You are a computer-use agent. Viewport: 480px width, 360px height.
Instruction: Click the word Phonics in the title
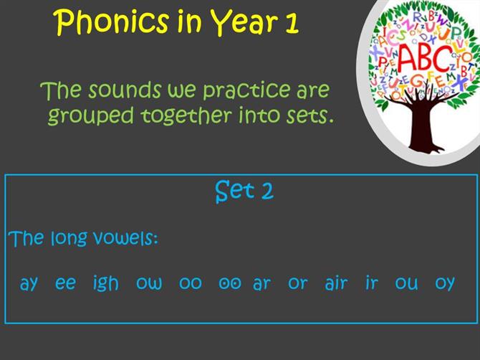point(112,23)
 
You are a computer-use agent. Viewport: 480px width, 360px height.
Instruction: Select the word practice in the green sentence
point(246,91)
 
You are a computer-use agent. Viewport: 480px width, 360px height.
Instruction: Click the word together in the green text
point(186,116)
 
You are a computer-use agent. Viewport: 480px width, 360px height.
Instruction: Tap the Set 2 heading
point(244,191)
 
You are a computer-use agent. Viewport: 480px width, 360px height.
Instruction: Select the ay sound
point(29,284)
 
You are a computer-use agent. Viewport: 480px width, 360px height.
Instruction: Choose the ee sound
point(65,283)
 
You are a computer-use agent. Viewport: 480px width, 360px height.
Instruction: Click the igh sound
point(105,283)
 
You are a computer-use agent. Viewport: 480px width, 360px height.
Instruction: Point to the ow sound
point(149,283)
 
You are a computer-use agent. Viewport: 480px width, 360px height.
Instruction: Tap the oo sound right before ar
point(230,283)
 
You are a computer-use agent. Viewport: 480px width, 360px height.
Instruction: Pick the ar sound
point(261,283)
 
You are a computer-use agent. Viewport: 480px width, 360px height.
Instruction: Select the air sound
point(336,283)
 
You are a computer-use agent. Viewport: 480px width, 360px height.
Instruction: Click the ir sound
point(372,283)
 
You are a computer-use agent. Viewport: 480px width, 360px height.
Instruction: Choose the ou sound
point(406,283)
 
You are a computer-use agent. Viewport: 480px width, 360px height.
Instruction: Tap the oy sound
point(445,284)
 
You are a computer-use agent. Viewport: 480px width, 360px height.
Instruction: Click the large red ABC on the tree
point(425,58)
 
